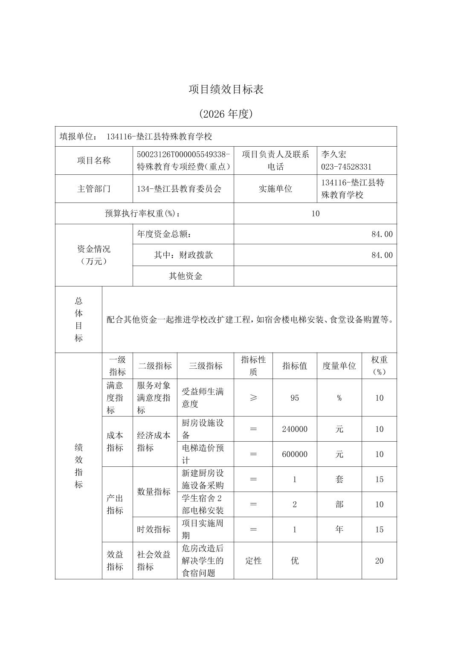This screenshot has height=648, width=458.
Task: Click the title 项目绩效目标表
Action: point(226,90)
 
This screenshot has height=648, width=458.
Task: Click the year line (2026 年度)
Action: point(226,114)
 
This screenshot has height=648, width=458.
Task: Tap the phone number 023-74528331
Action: point(346,167)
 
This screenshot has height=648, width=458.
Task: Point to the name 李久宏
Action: point(334,154)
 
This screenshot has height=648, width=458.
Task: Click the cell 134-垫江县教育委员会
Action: point(179,189)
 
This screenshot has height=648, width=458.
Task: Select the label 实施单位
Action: point(275,189)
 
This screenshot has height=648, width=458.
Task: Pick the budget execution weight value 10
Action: point(315,214)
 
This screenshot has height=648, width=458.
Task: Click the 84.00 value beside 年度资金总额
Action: point(382,234)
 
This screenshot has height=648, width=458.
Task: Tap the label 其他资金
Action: point(186,276)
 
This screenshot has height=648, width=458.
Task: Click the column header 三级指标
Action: point(206,366)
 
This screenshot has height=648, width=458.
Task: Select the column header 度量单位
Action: point(339,366)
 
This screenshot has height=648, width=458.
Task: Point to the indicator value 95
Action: point(295,398)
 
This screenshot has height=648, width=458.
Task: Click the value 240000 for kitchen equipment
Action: point(295,429)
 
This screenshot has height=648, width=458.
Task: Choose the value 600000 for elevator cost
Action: point(295,454)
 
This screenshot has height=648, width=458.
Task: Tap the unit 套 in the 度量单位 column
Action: point(339,480)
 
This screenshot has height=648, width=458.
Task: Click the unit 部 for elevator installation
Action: point(339,505)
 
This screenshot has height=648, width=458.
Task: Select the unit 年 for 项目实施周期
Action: point(339,529)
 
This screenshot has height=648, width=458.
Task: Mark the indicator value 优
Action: point(295,561)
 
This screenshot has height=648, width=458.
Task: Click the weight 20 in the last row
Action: point(379,561)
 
